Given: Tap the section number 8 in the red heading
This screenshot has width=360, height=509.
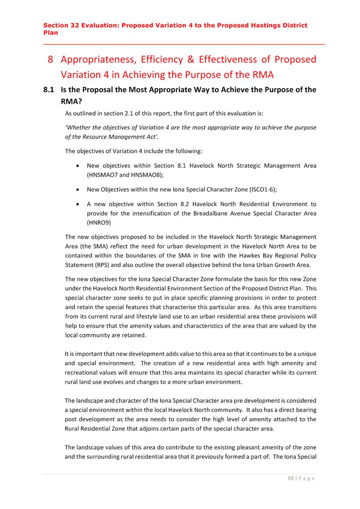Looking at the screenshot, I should [50, 59].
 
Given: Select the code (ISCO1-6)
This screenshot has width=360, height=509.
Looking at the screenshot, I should [260, 190].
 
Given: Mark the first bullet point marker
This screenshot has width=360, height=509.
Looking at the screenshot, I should [78, 166].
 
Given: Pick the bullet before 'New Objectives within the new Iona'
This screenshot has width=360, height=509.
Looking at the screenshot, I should [78, 190].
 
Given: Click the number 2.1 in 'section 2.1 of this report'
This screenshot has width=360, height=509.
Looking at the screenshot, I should [123, 113].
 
